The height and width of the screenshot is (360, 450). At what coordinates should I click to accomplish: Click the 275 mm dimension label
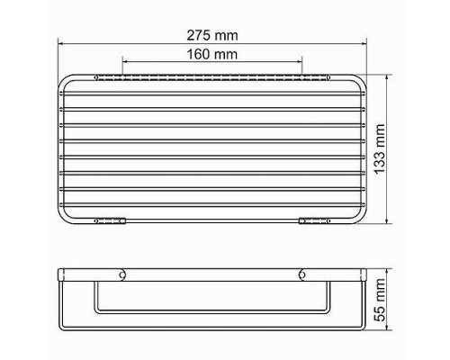click(x=212, y=33)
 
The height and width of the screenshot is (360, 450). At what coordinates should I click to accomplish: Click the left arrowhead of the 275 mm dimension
click(x=61, y=41)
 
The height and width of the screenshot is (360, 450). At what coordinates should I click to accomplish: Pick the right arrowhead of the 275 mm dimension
click(x=363, y=41)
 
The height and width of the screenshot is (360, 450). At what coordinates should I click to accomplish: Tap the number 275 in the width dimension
click(x=201, y=33)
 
